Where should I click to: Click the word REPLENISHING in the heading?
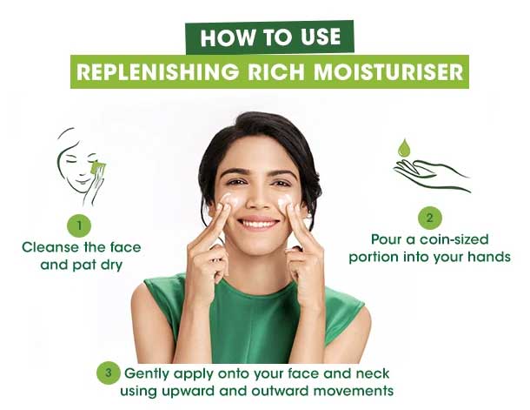pos(157,71)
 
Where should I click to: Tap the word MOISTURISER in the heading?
pos(388,71)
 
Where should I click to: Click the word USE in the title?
pos(320,37)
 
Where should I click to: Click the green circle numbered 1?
pos(79,225)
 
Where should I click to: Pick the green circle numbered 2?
pos(430,218)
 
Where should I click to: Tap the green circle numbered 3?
pos(108,373)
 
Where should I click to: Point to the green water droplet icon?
pos(404,148)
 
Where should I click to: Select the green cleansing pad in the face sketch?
pos(98,168)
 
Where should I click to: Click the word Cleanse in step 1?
pos(50,247)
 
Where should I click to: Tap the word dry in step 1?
pos(111,265)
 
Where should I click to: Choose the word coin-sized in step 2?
pos(454,239)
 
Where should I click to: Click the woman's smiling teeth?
pos(259,224)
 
